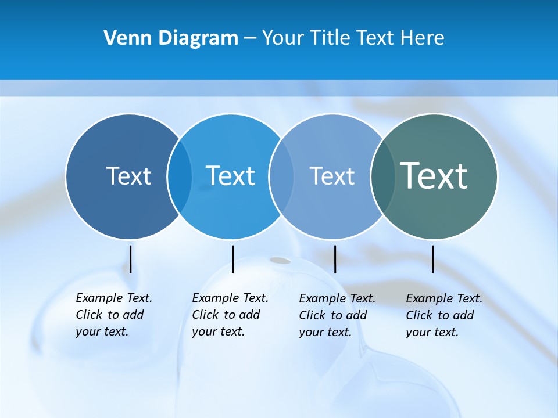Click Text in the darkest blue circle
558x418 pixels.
click(128, 176)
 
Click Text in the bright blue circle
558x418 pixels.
click(230, 176)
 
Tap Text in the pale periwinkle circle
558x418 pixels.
click(332, 176)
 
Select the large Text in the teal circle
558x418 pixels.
click(434, 175)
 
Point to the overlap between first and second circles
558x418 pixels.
click(180, 176)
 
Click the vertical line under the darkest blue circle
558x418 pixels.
click(130, 259)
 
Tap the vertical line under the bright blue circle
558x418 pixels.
click(233, 259)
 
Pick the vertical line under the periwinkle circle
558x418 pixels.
click(335, 259)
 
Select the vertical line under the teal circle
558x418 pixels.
click(432, 259)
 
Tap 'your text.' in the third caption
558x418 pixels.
click(325, 332)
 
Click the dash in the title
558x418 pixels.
click(250, 38)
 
